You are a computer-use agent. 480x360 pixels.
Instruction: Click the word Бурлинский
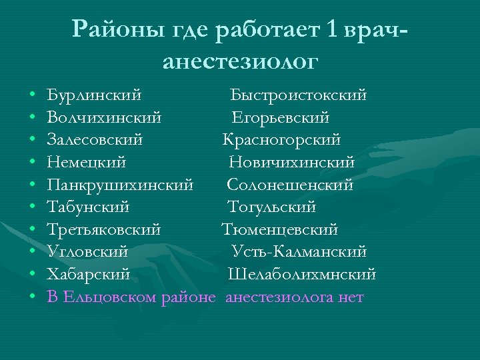coord(94,95)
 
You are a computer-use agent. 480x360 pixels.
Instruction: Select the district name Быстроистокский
coord(298,95)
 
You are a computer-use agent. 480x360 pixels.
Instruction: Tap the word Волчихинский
coord(104,118)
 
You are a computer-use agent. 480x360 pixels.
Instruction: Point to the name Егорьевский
coord(281,118)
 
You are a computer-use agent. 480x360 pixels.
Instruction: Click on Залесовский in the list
coord(95,140)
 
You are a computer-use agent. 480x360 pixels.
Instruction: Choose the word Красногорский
coord(281,140)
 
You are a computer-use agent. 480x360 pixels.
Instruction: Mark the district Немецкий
coord(87,163)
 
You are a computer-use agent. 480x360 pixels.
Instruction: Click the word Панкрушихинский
coord(121,185)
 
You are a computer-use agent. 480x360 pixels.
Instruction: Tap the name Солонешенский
coord(290,185)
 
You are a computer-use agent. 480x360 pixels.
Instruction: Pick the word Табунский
coord(89,207)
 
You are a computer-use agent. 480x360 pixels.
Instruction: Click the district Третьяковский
coord(104,230)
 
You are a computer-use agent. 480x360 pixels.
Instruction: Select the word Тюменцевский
coord(280,230)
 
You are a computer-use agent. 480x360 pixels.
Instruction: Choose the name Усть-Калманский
coord(299,252)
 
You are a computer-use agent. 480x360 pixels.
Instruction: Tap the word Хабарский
coord(89,275)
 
